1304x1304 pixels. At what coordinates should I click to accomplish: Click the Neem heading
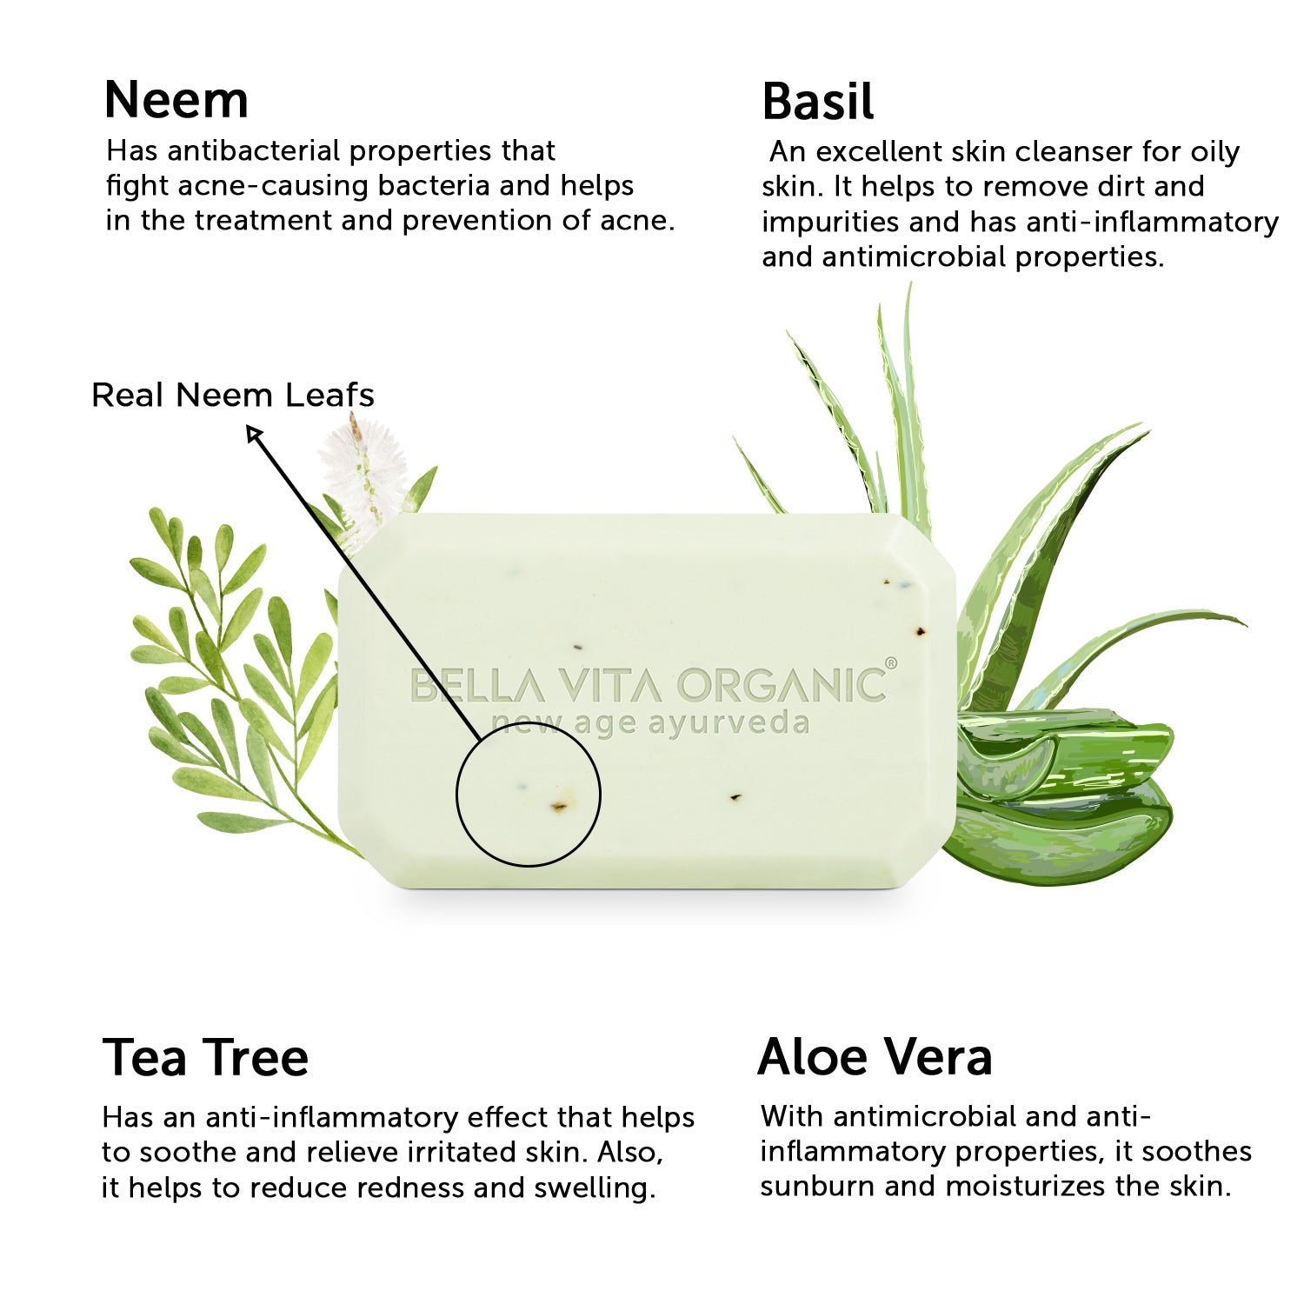pyautogui.click(x=176, y=100)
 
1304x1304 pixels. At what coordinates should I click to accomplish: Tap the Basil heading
pyautogui.click(x=817, y=102)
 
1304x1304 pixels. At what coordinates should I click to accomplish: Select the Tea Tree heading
pyautogui.click(x=205, y=1058)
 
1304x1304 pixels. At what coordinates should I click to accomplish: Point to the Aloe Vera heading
pyautogui.click(x=875, y=1057)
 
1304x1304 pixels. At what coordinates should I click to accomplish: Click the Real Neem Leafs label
pyautogui.click(x=233, y=396)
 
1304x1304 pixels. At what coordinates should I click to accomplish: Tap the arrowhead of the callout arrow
pyautogui.click(x=254, y=432)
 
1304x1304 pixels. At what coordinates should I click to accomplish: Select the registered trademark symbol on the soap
pyautogui.click(x=891, y=664)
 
